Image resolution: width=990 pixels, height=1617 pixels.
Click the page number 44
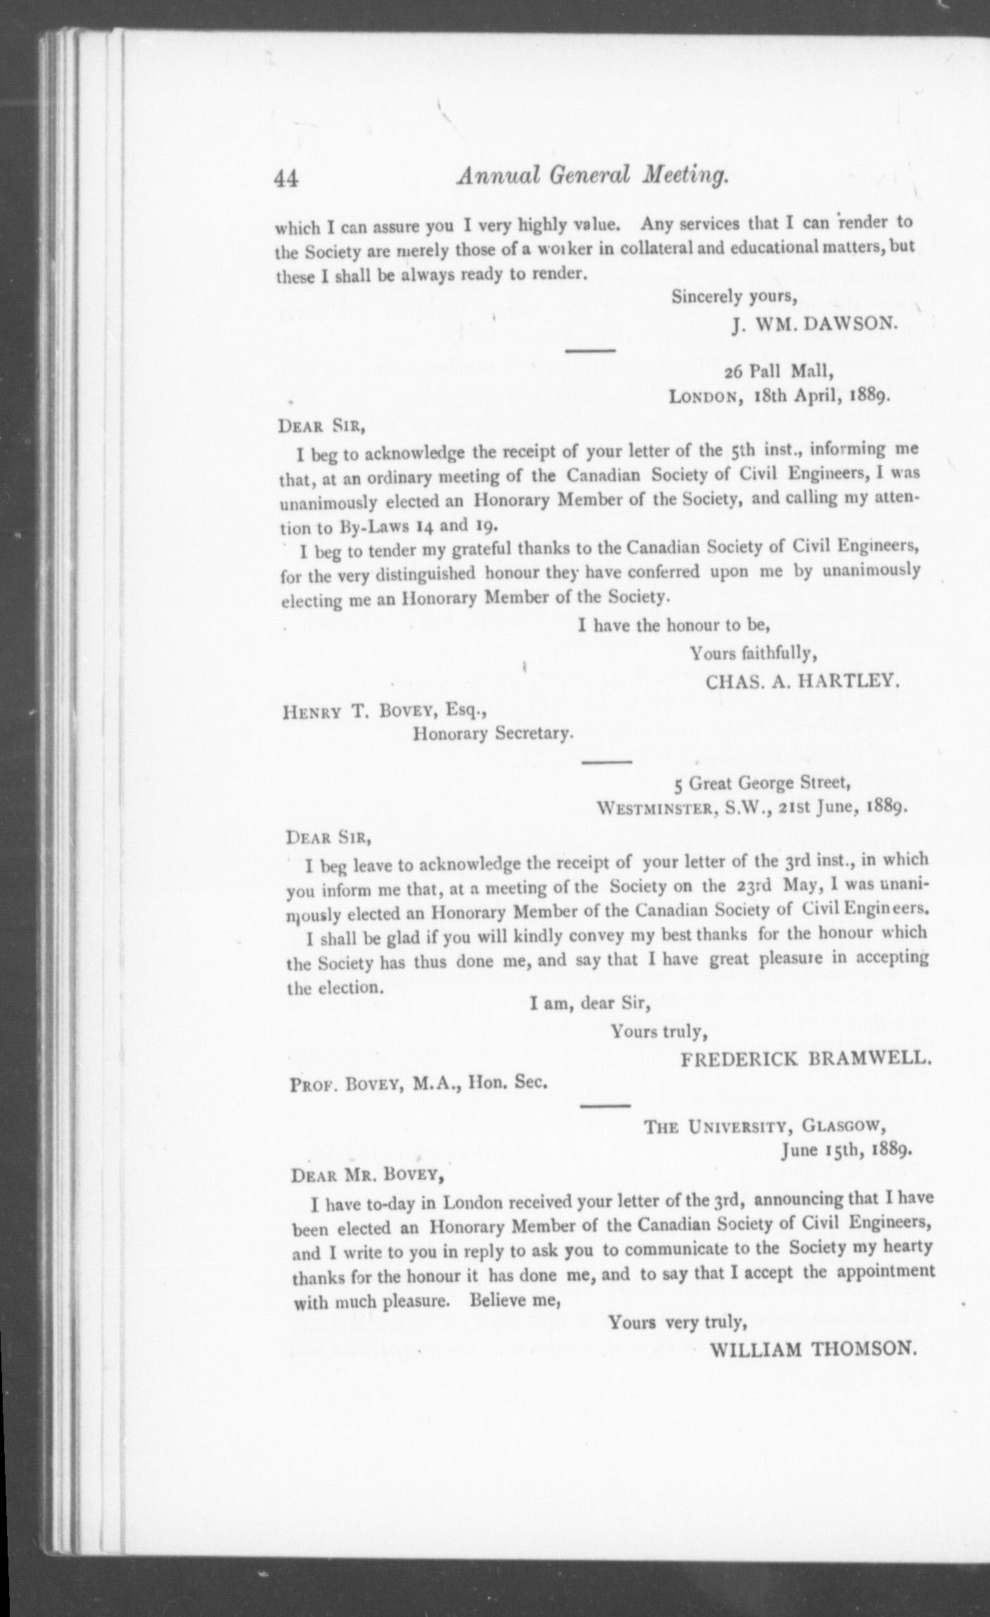tap(287, 179)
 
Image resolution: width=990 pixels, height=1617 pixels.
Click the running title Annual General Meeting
tap(593, 175)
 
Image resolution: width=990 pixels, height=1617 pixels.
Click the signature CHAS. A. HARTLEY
tap(802, 681)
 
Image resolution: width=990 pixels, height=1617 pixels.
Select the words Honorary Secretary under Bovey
tap(493, 734)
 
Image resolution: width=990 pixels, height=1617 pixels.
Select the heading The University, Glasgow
tap(766, 1126)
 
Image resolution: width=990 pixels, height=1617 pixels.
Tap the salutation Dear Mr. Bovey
tap(368, 1175)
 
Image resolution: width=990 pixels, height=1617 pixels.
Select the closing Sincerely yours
tap(734, 297)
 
